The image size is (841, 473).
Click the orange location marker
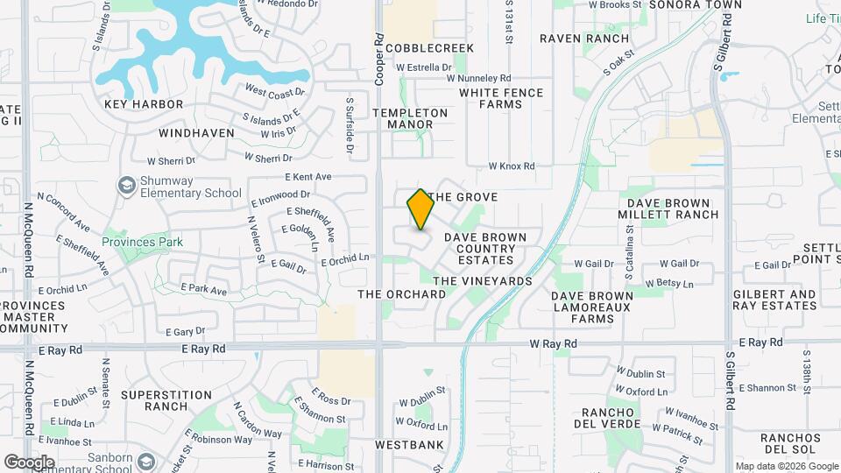click(x=420, y=209)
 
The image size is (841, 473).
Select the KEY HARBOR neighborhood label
click(x=144, y=104)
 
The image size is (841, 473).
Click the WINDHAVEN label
click(x=196, y=133)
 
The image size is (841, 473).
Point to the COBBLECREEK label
click(x=428, y=48)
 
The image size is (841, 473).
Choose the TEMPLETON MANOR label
click(x=409, y=118)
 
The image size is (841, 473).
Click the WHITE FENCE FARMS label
click(x=501, y=98)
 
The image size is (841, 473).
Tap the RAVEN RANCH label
click(x=583, y=39)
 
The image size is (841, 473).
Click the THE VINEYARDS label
click(x=483, y=281)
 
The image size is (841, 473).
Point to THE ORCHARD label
click(x=401, y=294)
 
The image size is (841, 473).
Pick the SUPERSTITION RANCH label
click(x=166, y=400)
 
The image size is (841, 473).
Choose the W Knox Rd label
click(x=511, y=166)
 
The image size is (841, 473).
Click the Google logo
click(x=30, y=462)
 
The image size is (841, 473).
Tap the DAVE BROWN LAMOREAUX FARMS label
click(x=591, y=307)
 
